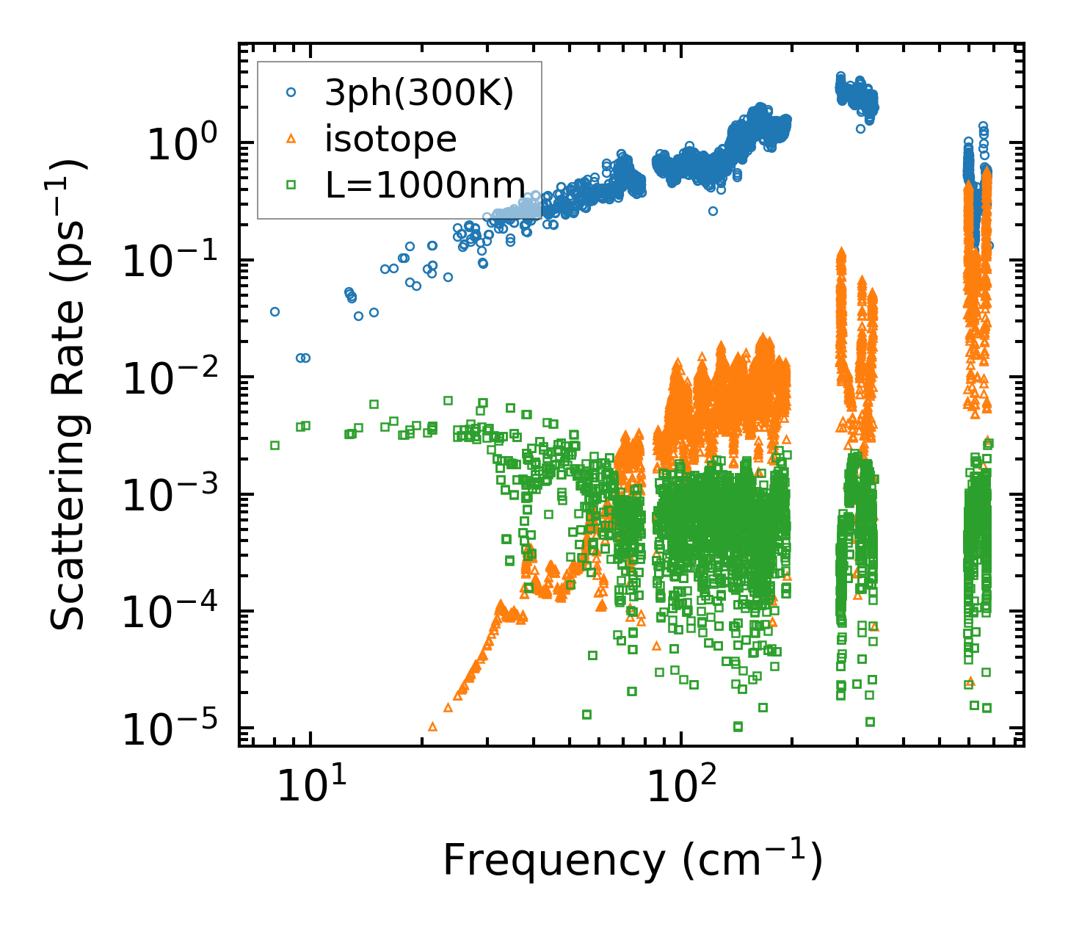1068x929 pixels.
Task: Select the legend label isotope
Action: [390, 139]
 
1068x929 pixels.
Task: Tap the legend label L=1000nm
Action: [426, 185]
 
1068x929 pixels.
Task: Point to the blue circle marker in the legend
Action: [291, 93]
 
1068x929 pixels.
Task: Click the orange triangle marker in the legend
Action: [291, 138]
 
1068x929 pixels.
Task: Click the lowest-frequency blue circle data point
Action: [275, 311]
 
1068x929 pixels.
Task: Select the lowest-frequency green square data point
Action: [275, 445]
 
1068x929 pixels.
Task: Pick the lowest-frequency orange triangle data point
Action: [432, 726]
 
